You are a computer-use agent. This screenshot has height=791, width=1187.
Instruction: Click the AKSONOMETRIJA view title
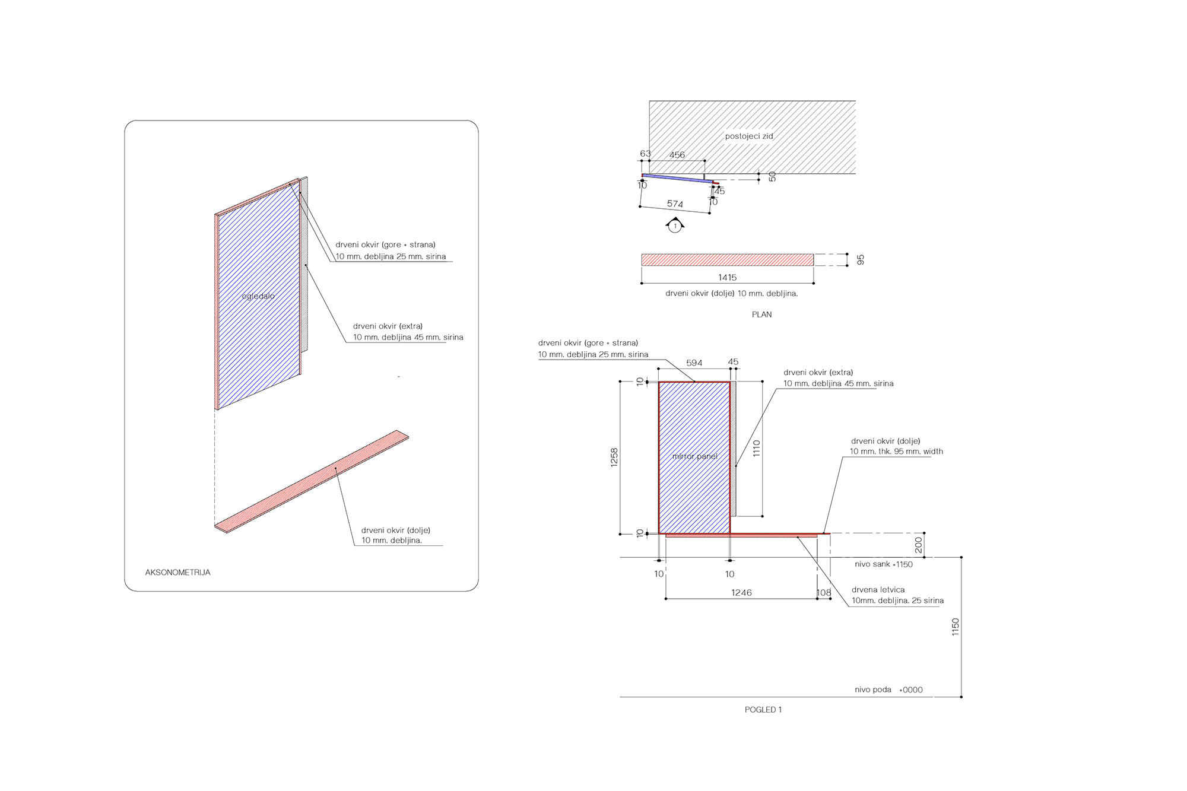click(x=177, y=573)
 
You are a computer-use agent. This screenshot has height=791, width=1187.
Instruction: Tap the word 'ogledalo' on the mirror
click(x=258, y=296)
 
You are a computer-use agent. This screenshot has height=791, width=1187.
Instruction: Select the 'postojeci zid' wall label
click(x=749, y=136)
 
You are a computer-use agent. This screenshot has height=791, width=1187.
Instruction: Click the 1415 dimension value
click(x=727, y=277)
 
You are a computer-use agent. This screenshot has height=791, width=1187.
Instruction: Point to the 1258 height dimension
click(x=614, y=458)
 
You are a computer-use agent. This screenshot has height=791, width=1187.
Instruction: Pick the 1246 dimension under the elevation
click(x=741, y=593)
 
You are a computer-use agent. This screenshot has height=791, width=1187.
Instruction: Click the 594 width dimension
click(x=694, y=363)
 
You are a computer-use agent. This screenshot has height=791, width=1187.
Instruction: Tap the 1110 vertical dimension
click(x=757, y=448)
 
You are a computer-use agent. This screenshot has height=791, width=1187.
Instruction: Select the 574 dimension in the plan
click(x=675, y=204)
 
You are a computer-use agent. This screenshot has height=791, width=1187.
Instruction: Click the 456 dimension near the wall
click(x=677, y=155)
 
